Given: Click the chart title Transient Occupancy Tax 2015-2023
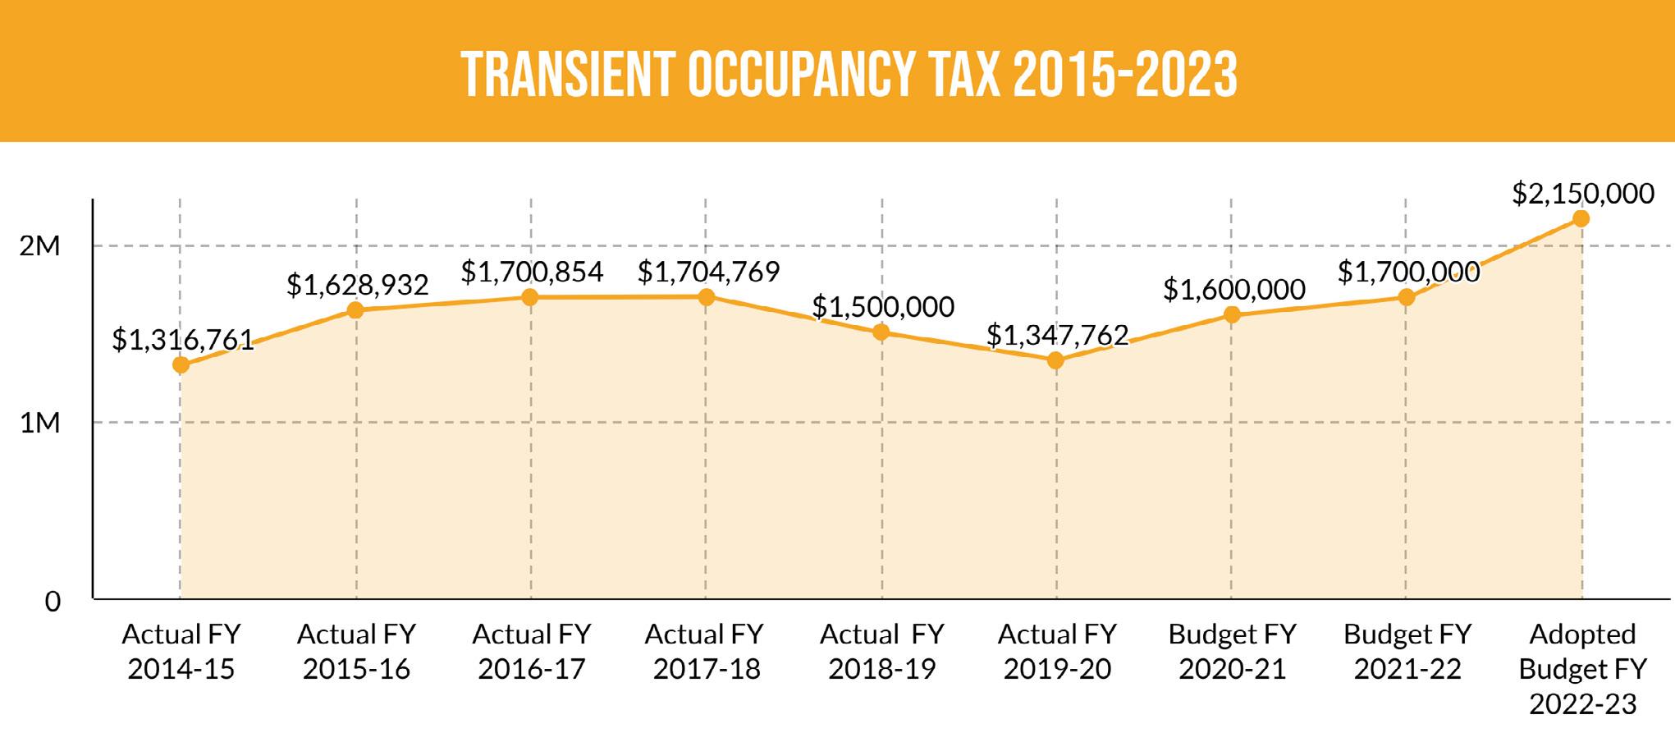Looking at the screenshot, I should tap(849, 75).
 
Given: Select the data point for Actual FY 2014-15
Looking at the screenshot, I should tap(181, 364).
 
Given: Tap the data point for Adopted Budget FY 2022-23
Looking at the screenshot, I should tap(1581, 218).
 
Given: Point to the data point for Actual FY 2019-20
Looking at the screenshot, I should tap(1056, 360).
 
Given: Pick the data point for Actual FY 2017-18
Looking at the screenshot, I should tap(706, 296).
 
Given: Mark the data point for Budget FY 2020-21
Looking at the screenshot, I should tap(1232, 314).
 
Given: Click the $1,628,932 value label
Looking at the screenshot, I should tap(357, 285).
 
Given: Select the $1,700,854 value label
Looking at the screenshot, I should tap(532, 272).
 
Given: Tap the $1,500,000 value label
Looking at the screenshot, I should tap(883, 307).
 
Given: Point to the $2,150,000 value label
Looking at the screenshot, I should tap(1583, 194).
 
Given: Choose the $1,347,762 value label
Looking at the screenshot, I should tap(1057, 335).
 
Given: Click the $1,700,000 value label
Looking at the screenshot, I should tap(1408, 272).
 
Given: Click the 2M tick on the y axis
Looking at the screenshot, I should tap(40, 245).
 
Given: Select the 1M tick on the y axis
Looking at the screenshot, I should tap(40, 423).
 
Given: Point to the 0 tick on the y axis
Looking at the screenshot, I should tap(53, 602).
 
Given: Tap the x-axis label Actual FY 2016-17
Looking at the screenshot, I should tap(532, 652).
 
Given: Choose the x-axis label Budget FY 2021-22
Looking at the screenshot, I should tap(1407, 652).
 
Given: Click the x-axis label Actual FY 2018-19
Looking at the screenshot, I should tap(882, 652).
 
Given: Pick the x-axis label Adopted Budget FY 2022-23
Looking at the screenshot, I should tap(1582, 668).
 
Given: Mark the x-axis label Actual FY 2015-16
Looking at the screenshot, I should tap(356, 652).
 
